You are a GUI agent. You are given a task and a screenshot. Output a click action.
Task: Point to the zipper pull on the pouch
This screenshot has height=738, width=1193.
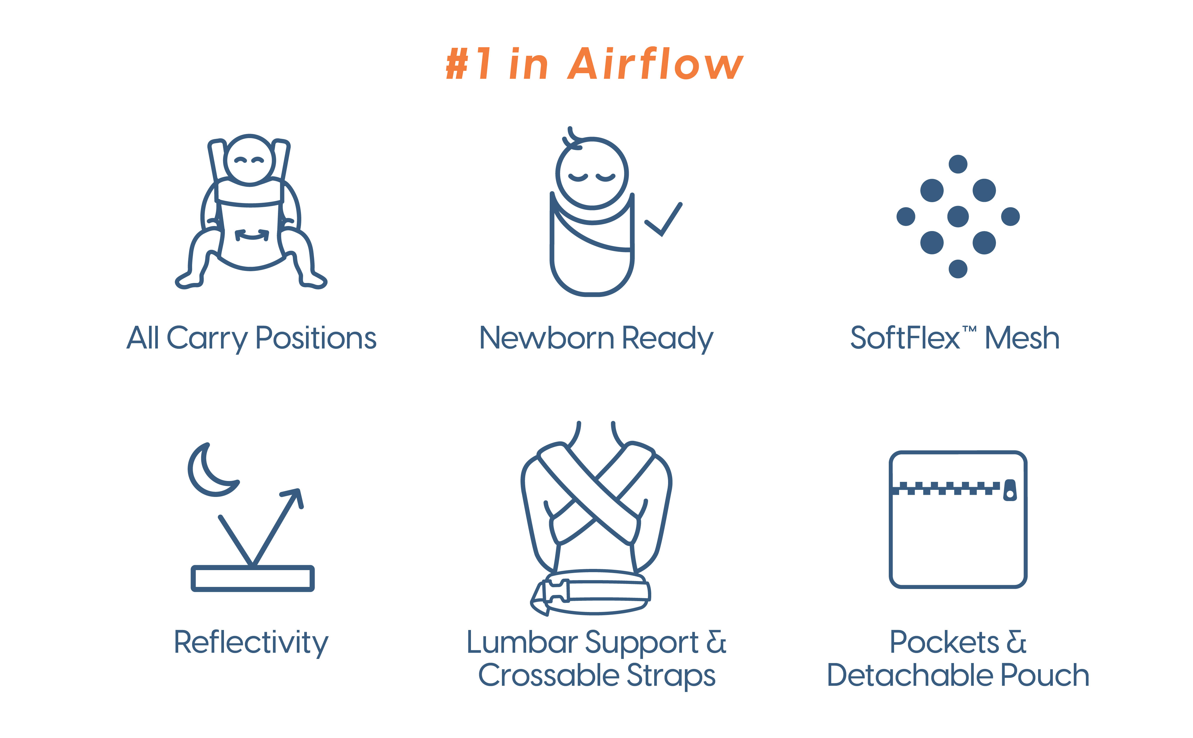pos(1010,490)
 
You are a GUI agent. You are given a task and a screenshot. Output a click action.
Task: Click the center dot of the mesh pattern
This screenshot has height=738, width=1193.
pos(958,217)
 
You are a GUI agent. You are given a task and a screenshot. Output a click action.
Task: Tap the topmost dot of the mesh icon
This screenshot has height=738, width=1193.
pos(958,164)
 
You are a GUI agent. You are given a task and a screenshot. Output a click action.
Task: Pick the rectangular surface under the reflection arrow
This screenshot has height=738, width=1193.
pos(252,578)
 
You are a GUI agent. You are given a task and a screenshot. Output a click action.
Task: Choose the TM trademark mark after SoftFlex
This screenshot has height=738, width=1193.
pos(970,330)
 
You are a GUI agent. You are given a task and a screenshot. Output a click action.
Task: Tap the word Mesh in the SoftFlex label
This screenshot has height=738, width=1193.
pos(1022,338)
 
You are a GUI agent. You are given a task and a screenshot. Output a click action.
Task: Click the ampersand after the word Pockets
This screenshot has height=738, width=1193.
pos(1016,642)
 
